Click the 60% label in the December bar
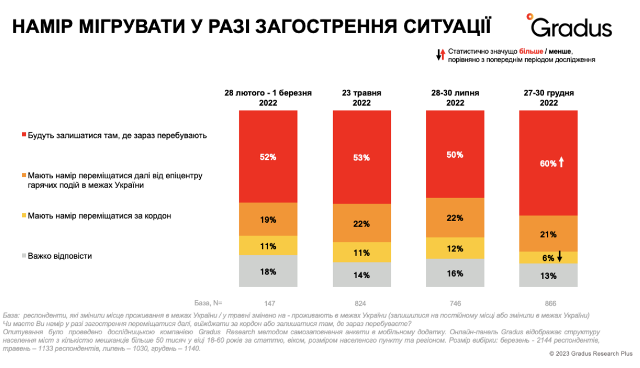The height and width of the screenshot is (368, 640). [x=548, y=163]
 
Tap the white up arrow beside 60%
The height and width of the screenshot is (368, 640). [x=562, y=163]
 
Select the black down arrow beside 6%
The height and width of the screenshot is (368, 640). [x=559, y=257]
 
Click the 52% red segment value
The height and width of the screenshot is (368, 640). [x=268, y=157]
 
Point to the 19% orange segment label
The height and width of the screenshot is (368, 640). [x=268, y=219]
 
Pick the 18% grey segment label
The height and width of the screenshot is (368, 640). [x=268, y=272]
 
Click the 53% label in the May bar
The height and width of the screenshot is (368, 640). [x=361, y=158]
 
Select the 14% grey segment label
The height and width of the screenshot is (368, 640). [x=361, y=275]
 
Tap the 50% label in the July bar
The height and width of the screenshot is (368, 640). [x=455, y=154]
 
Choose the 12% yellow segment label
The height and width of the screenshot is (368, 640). [x=455, y=249]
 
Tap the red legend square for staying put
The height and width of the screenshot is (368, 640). [x=24, y=135]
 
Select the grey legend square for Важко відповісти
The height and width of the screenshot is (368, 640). [x=24, y=256]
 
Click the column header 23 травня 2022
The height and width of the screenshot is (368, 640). [x=361, y=98]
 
